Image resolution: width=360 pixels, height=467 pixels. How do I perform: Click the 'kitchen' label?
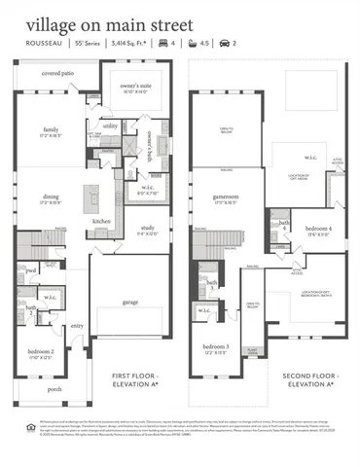(x=101, y=222)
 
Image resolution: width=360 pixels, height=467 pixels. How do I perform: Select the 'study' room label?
(x=146, y=229)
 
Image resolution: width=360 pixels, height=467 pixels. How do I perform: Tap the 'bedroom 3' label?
(x=216, y=347)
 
